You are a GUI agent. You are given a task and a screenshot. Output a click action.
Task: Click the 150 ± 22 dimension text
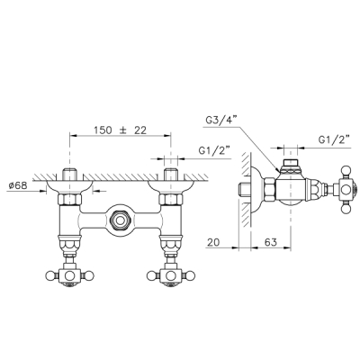(x=120, y=130)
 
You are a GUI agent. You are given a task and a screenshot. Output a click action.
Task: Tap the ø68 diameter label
(x=18, y=185)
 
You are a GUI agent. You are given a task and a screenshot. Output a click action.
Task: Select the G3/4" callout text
(x=221, y=121)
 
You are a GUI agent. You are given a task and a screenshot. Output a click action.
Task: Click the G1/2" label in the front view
(x=214, y=150)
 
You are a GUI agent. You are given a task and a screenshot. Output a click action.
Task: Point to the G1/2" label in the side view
(x=334, y=139)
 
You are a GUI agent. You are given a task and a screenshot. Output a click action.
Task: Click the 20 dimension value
(x=213, y=242)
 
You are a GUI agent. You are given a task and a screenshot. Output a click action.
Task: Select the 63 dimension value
(x=271, y=242)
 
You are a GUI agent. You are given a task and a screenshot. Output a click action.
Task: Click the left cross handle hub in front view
(x=69, y=275)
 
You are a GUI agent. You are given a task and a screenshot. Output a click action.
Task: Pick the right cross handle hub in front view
(x=171, y=275)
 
